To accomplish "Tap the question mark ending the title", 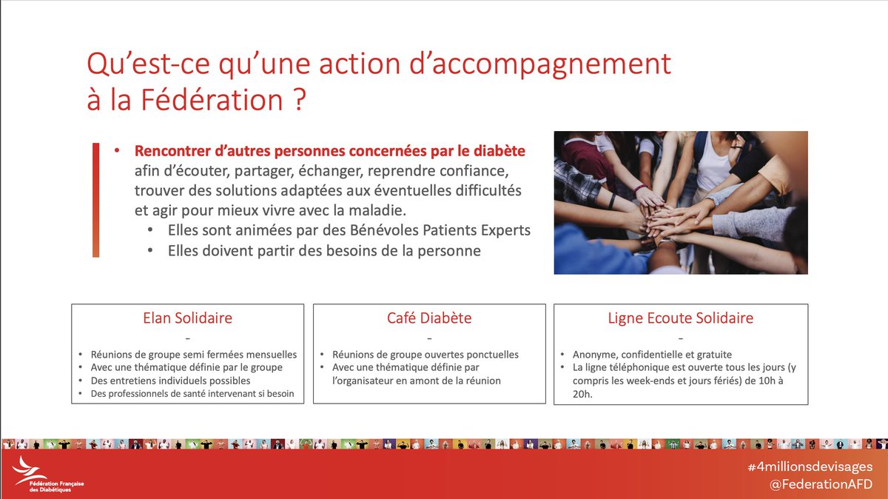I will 295,100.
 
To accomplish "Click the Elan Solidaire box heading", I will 187,318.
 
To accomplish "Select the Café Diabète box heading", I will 429,318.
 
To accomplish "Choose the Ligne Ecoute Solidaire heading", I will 680,318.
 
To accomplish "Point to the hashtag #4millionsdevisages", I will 810,467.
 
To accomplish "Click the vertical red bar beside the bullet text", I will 95,200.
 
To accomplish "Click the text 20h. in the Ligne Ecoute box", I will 583,395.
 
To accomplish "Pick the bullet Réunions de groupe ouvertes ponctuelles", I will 425,354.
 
